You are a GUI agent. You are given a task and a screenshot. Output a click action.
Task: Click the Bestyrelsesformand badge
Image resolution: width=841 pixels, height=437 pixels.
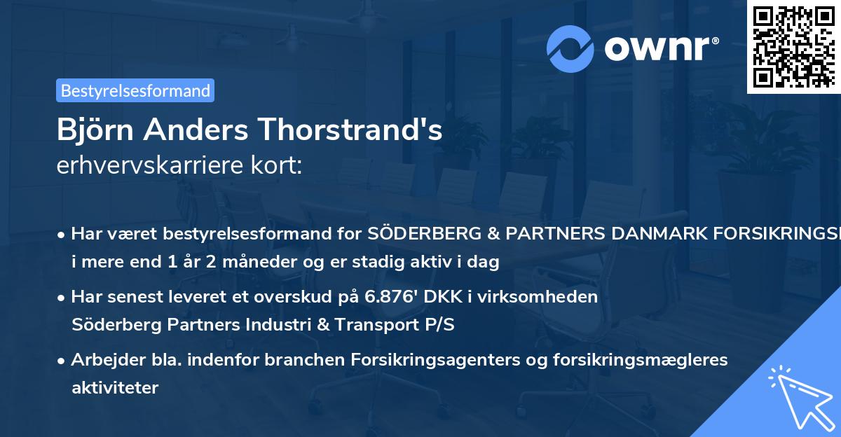click(x=135, y=90)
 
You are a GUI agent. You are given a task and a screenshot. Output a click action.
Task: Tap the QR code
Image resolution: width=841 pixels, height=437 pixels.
click(x=792, y=46)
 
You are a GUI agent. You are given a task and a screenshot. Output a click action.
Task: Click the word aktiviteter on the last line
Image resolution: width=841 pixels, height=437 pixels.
click(x=115, y=387)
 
